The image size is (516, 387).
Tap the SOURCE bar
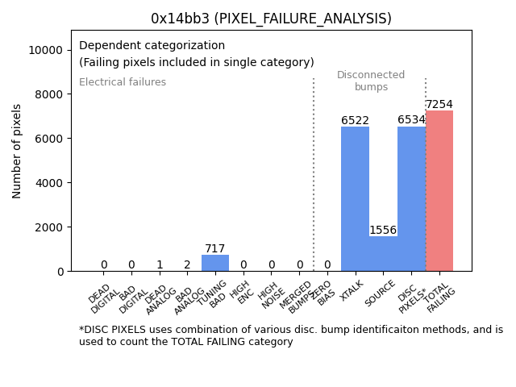(383, 253)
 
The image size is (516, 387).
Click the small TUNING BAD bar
(215, 263)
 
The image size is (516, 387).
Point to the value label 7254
(439, 105)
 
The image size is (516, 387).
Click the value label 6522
(355, 121)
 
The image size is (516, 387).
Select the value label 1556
(383, 231)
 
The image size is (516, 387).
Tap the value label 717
(215, 249)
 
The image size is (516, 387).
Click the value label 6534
(411, 120)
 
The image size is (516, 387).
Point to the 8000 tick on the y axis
(50, 94)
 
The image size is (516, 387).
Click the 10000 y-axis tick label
(47, 50)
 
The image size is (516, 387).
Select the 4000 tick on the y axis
(50, 183)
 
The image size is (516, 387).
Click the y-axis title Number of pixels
(17, 151)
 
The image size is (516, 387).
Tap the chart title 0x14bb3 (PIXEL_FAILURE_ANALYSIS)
(271, 19)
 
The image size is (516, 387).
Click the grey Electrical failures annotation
(123, 82)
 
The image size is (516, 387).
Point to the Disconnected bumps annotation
(371, 81)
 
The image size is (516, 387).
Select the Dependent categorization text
(152, 45)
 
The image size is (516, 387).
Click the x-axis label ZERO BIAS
(322, 293)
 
